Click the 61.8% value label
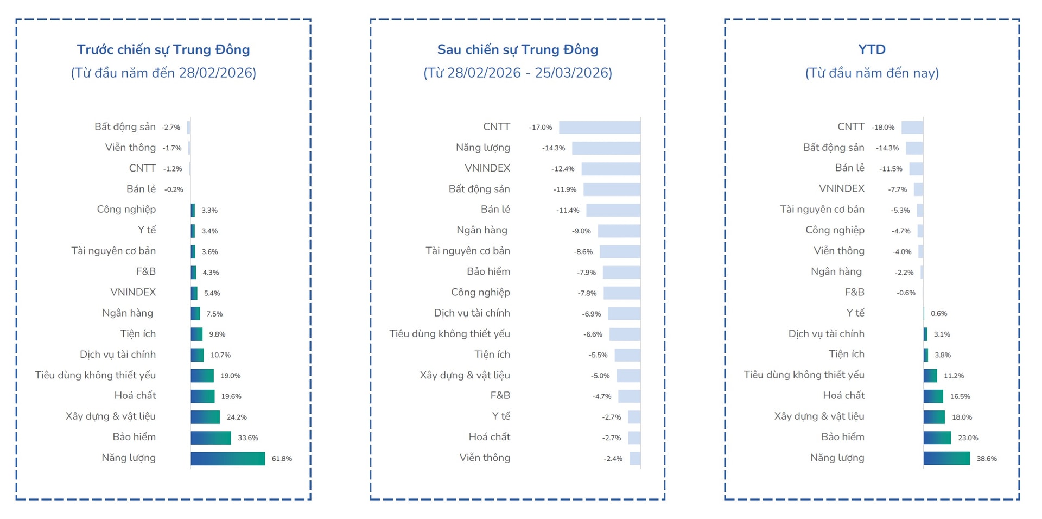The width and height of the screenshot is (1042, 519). [282, 459]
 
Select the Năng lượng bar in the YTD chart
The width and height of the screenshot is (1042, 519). [946, 458]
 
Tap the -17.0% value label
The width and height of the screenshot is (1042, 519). [541, 128]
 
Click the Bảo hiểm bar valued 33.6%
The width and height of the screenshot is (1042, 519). [211, 438]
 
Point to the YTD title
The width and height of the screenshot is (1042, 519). [872, 49]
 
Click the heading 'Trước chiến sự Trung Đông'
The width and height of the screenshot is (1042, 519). [163, 49]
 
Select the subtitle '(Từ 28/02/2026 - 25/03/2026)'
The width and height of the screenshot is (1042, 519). [518, 73]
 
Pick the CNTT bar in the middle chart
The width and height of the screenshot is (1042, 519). [600, 128]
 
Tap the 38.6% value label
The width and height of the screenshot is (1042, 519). [987, 459]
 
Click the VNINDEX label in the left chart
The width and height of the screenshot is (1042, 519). [133, 292]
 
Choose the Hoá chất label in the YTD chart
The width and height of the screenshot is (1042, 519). [843, 395]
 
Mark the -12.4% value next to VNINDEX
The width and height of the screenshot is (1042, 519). [563, 169]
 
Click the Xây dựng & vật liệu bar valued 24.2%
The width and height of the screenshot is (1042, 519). [205, 417]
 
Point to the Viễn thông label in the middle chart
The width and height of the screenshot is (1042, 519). [485, 458]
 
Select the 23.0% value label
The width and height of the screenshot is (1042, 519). [968, 438]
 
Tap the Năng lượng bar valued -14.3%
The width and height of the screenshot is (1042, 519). [606, 148]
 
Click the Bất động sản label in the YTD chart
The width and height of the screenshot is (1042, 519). [834, 148]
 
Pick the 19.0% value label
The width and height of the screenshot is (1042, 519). [231, 376]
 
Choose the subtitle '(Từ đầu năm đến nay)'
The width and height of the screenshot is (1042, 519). [872, 73]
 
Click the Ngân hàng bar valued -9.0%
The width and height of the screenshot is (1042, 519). [619, 231]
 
